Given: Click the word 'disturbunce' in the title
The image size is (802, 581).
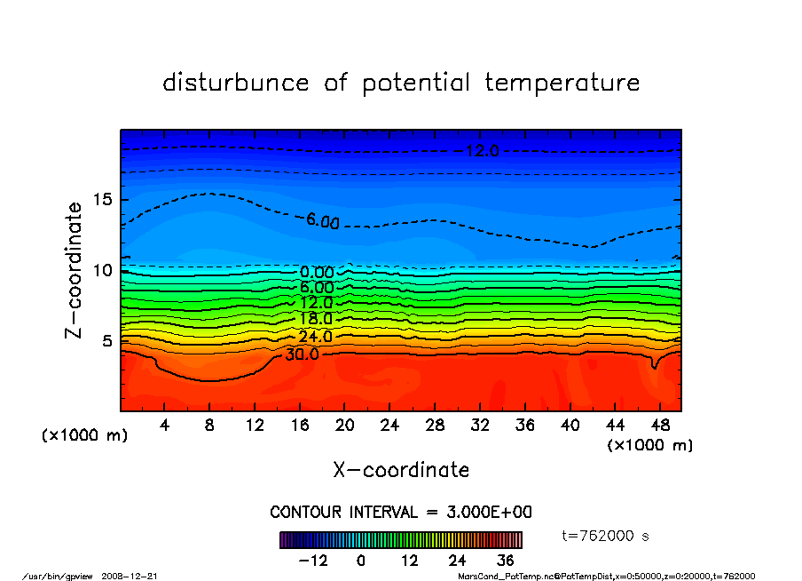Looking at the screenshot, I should [x=237, y=83].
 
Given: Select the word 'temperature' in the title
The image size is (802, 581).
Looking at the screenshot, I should [x=562, y=83].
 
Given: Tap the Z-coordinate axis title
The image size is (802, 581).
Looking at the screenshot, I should [x=75, y=270].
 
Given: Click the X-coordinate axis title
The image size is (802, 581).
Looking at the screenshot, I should [x=401, y=469].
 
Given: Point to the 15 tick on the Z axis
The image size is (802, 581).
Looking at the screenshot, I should [x=103, y=199].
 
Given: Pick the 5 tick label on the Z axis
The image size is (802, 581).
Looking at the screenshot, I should [x=107, y=340].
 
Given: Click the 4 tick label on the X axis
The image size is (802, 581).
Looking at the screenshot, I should [x=165, y=425].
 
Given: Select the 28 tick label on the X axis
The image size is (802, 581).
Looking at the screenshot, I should [x=435, y=425].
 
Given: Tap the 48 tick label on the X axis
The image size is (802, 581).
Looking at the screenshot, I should [x=659, y=425].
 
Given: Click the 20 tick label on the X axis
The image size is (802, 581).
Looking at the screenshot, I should [x=345, y=425].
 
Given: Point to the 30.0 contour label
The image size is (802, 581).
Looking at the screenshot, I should [x=302, y=354].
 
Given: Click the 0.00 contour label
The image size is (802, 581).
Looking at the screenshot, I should [x=317, y=272].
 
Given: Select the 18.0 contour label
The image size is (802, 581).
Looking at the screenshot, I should [x=316, y=319].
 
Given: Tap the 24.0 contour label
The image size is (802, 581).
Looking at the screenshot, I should [x=316, y=337].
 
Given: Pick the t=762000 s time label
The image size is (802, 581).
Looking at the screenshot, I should [x=607, y=536].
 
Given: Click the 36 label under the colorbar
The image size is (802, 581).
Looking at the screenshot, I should [x=505, y=561].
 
